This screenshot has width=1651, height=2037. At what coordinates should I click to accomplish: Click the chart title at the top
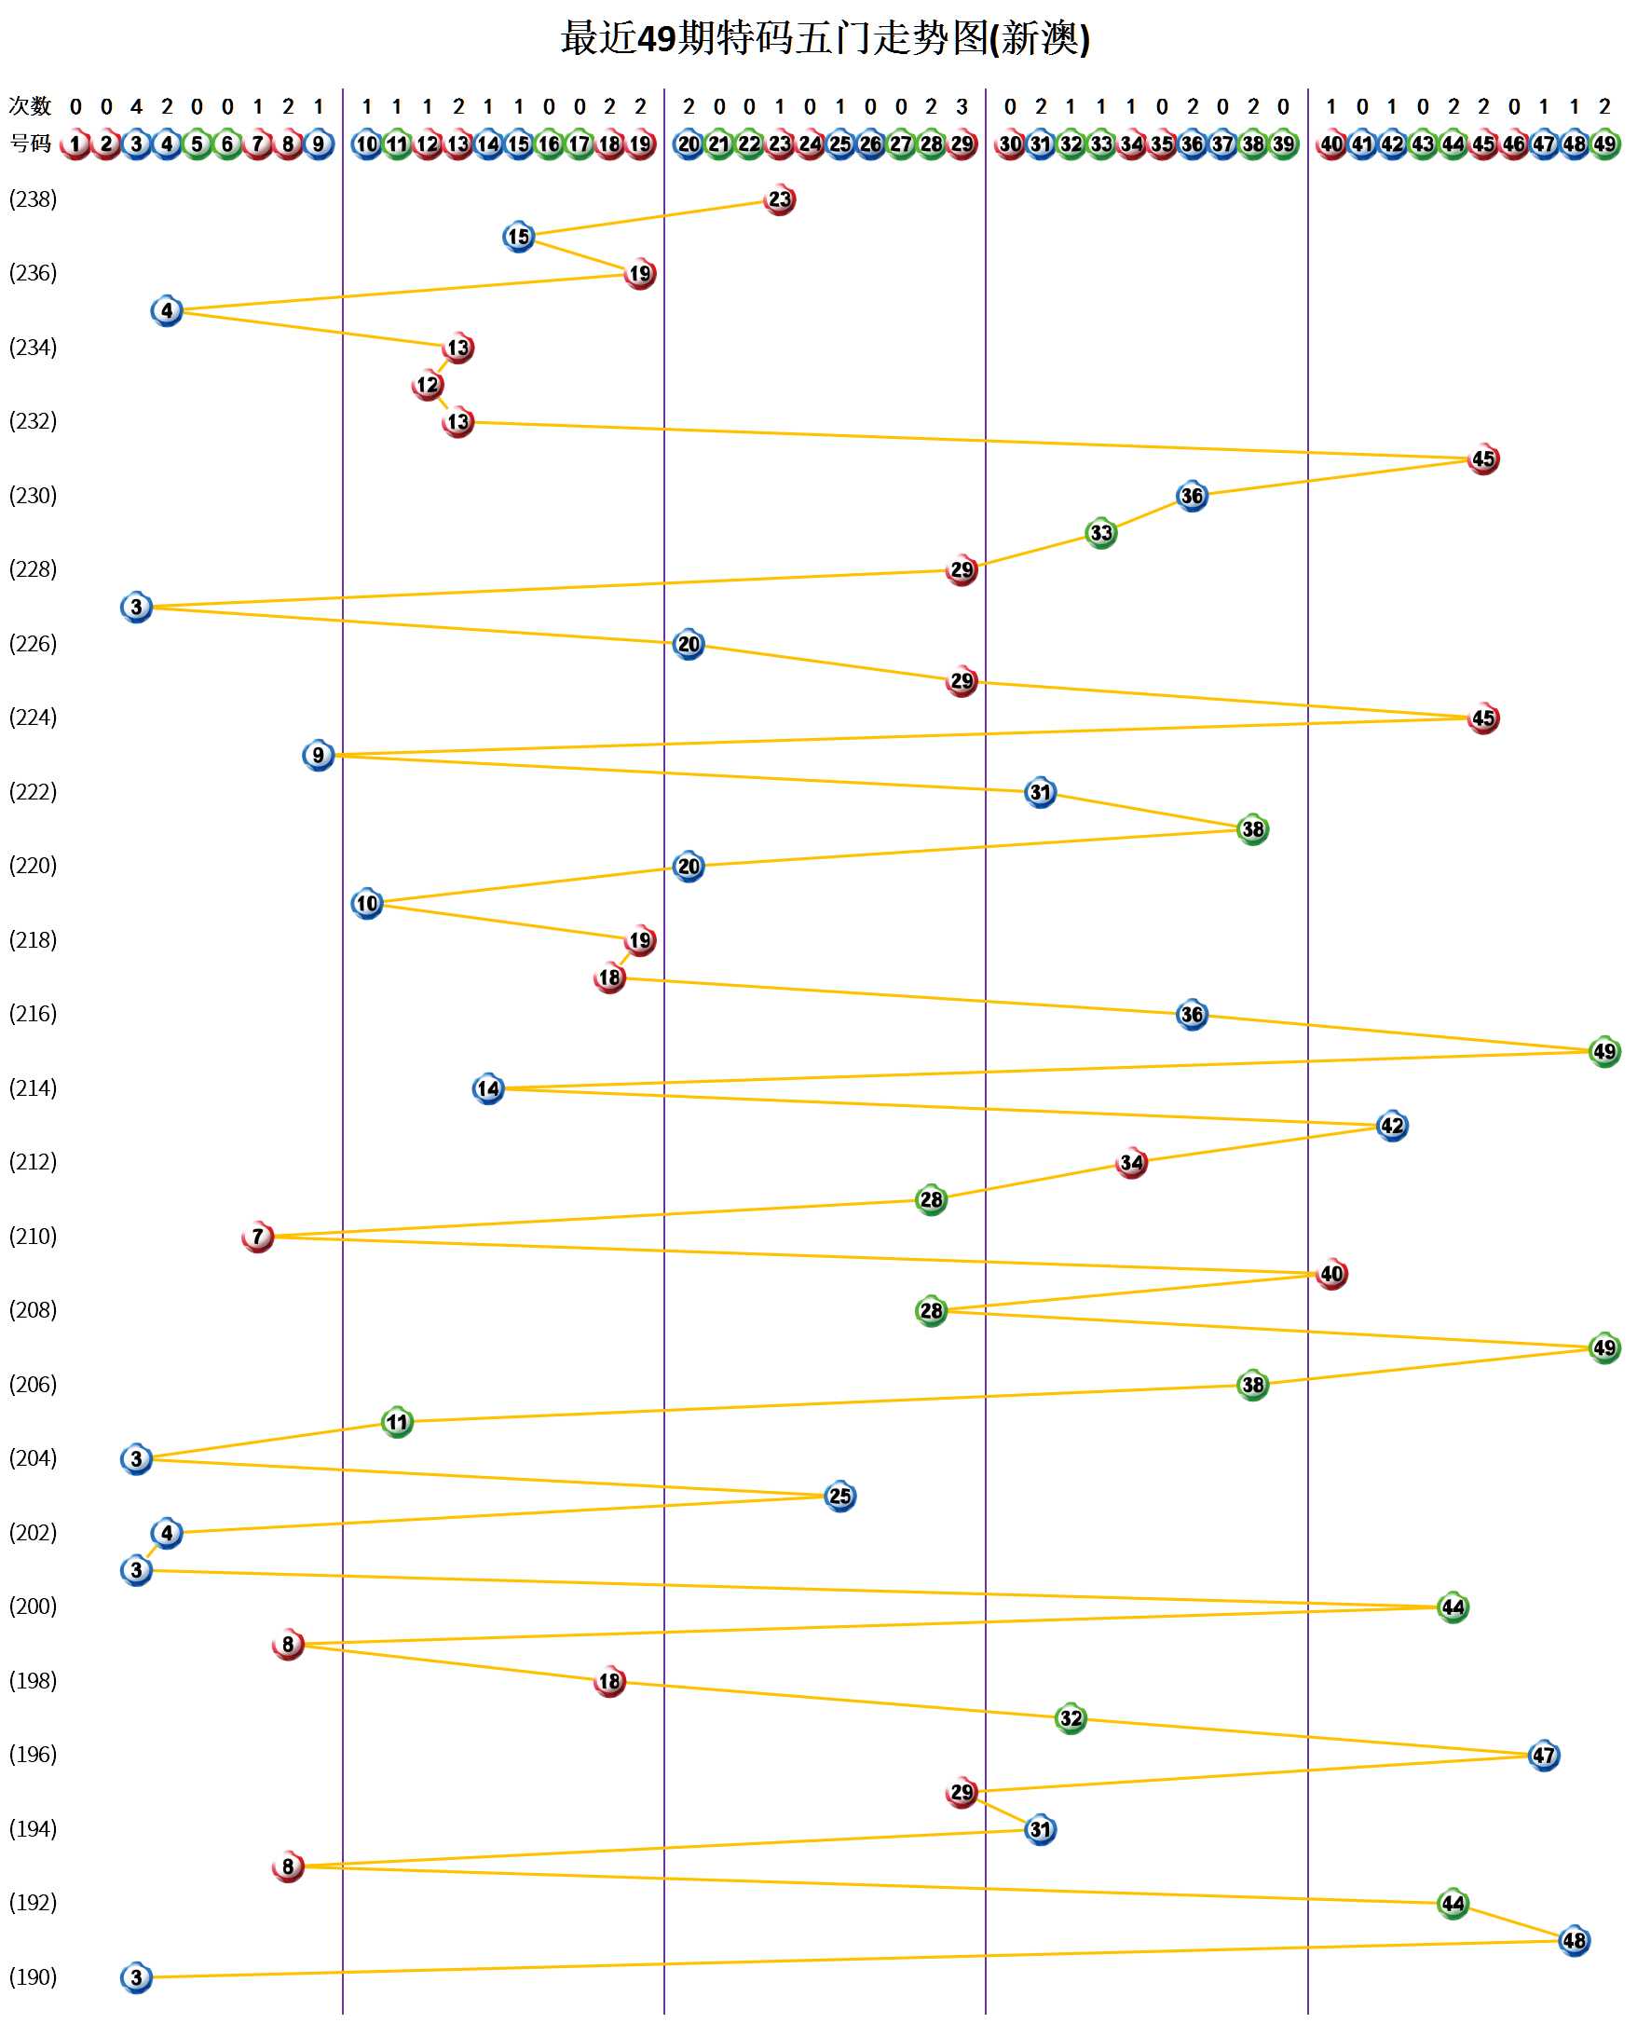(x=825, y=39)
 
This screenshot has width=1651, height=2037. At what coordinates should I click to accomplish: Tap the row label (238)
(x=34, y=198)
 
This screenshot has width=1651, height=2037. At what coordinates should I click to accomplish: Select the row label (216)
(x=34, y=1013)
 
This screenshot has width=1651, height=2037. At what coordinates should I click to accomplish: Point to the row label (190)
(x=34, y=1976)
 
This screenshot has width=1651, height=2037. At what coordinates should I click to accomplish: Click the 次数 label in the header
(x=30, y=105)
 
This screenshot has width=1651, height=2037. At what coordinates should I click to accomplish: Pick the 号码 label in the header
(x=30, y=144)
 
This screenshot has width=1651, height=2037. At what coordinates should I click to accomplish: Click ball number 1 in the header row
(x=75, y=144)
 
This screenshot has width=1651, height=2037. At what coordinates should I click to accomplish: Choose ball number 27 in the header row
(x=901, y=144)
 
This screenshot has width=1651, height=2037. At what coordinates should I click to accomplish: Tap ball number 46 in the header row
(x=1513, y=144)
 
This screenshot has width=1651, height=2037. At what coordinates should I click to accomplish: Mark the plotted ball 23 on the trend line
(x=779, y=199)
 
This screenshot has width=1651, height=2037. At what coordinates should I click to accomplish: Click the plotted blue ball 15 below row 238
(x=518, y=236)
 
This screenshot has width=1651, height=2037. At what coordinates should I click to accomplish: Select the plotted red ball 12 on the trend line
(x=427, y=385)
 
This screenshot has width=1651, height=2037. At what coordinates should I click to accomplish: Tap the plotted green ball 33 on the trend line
(x=1100, y=533)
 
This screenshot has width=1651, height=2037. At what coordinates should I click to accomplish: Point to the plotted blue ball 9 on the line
(x=319, y=755)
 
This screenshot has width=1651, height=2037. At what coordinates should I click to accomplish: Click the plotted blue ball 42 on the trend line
(x=1391, y=1125)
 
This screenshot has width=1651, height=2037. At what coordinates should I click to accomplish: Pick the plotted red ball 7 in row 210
(x=258, y=1237)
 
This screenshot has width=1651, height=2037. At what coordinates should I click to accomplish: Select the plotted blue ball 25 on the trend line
(x=839, y=1496)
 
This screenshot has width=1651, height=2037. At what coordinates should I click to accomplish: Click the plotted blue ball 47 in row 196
(x=1544, y=1755)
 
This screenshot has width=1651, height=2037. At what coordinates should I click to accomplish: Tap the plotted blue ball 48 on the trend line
(x=1574, y=1940)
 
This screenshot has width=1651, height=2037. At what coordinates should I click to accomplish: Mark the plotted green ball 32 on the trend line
(x=1071, y=1718)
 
